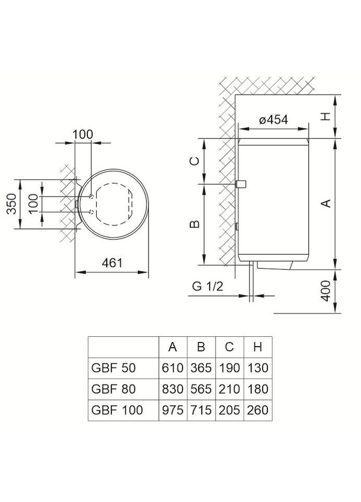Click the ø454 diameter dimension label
click(274, 119)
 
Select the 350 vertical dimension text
click(12, 204)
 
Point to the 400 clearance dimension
click(325, 291)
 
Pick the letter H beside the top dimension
click(325, 117)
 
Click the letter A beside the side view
click(325, 203)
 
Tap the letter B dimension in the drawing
click(194, 224)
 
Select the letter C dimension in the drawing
click(194, 161)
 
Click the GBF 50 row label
click(114, 368)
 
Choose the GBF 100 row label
click(117, 409)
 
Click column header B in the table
click(200, 347)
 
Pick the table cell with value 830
click(173, 389)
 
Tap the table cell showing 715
click(200, 409)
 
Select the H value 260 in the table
click(256, 409)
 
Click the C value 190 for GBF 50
click(229, 368)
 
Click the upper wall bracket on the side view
click(241, 185)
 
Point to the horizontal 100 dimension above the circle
click(82, 134)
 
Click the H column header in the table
click(256, 347)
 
